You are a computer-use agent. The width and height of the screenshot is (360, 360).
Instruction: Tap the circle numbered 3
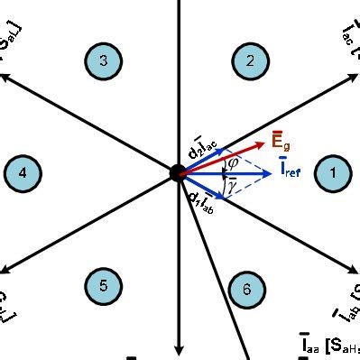tap(104, 61)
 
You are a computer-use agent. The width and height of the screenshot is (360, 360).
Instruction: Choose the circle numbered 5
tap(104, 286)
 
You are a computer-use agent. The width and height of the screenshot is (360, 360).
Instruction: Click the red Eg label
tap(281, 140)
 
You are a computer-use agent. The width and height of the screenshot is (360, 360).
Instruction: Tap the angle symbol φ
tap(232, 163)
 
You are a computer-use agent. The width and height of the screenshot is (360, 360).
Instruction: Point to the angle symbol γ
tap(231, 184)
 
